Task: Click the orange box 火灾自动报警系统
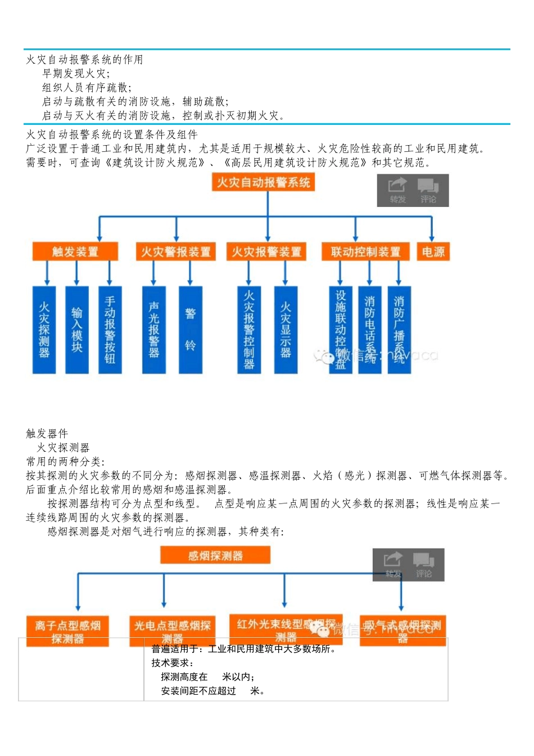pyautogui.click(x=263, y=182)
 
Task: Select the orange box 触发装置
pyautogui.click(x=75, y=251)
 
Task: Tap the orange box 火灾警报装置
pyautogui.click(x=176, y=251)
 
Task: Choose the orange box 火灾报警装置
pyautogui.click(x=266, y=251)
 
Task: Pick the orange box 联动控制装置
pyautogui.click(x=365, y=251)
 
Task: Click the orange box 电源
pyautogui.click(x=433, y=251)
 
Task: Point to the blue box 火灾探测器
pyautogui.click(x=44, y=330)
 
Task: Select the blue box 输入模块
pyautogui.click(x=77, y=330)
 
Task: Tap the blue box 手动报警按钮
pyautogui.click(x=110, y=330)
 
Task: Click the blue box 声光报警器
pyautogui.click(x=154, y=330)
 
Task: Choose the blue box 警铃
pyautogui.click(x=190, y=330)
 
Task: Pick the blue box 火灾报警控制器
pyautogui.click(x=249, y=330)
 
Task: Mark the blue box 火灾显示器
pyautogui.click(x=286, y=330)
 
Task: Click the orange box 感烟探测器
pyautogui.click(x=215, y=556)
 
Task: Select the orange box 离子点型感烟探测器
pyautogui.click(x=67, y=631)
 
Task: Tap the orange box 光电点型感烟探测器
pyautogui.click(x=172, y=631)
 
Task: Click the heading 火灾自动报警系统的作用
pyautogui.click(x=85, y=60)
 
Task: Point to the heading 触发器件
pyautogui.click(x=47, y=433)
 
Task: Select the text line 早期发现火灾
pyautogui.click(x=76, y=74)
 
